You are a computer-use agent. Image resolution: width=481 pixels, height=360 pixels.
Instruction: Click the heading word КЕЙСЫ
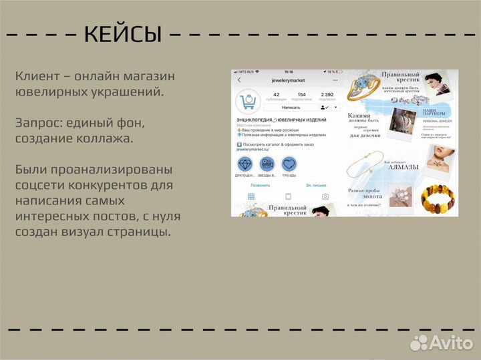click(124, 33)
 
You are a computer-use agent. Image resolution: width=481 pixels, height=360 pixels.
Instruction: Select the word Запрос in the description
click(39, 124)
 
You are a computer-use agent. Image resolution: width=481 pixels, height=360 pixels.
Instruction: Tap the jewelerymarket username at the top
click(288, 80)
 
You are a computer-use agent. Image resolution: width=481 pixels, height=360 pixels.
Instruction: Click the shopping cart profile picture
click(248, 102)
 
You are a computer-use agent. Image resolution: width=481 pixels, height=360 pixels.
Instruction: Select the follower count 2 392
click(327, 95)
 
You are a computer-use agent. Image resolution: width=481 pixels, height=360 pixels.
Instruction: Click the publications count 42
click(276, 95)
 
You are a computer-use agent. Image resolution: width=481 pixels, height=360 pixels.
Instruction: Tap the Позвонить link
click(260, 185)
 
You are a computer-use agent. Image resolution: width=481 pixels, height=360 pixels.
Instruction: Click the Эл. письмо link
click(316, 185)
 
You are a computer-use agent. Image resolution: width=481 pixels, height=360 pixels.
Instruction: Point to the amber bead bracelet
click(438, 198)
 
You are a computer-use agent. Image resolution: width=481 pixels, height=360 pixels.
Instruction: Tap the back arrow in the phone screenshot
click(239, 80)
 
